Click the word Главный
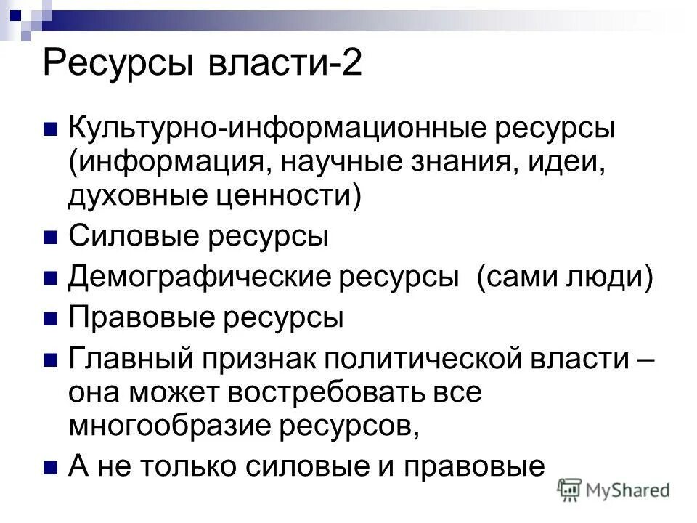pyautogui.click(x=131, y=360)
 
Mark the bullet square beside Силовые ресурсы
pyautogui.click(x=51, y=238)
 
